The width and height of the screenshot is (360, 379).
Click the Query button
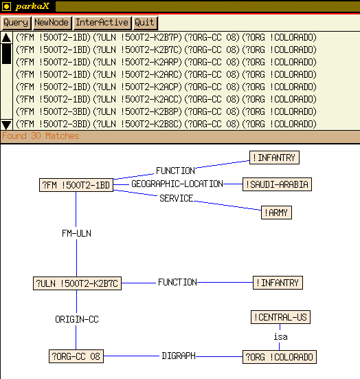tap(16, 23)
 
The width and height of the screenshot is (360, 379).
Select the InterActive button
tap(102, 23)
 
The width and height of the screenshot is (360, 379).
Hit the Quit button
tap(145, 23)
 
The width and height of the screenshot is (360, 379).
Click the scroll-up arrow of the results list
tap(6, 38)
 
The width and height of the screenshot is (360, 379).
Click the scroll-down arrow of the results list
tap(6, 124)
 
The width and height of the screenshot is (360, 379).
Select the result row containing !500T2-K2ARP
tap(166, 63)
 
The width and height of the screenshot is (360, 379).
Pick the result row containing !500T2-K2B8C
tap(166, 124)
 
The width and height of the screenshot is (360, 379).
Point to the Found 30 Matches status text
tap(41, 136)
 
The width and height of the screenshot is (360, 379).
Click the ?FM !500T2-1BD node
tap(76, 185)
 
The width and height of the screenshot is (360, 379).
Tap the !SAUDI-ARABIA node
tap(277, 184)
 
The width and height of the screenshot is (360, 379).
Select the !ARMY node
tap(276, 213)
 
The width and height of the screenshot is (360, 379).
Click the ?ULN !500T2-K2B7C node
tap(77, 283)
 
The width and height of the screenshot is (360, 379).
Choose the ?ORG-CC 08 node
tap(76, 356)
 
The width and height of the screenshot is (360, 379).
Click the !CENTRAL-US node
tap(280, 317)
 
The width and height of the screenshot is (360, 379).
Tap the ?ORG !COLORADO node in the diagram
tap(280, 357)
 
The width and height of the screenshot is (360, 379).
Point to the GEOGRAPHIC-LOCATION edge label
tap(177, 184)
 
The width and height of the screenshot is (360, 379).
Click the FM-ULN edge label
tap(76, 233)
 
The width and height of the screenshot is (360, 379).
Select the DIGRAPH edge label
tap(179, 356)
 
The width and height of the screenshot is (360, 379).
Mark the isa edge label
tap(280, 336)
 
